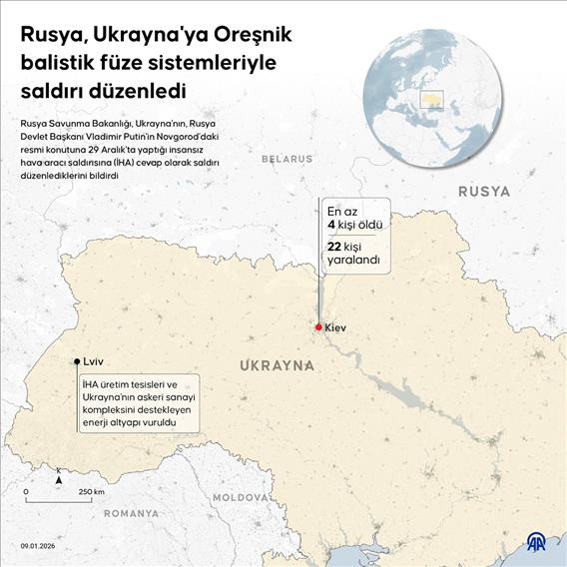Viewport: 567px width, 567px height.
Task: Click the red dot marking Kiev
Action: tap(318, 327)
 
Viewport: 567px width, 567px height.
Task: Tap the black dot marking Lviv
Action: tap(77, 362)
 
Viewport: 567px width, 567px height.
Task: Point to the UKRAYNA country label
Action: tap(278, 366)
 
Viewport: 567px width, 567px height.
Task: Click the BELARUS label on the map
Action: tap(286, 159)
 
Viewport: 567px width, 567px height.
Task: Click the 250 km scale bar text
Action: tap(92, 491)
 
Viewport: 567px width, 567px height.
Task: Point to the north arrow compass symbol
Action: tap(59, 478)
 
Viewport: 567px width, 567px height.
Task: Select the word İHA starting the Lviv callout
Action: tap(91, 385)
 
